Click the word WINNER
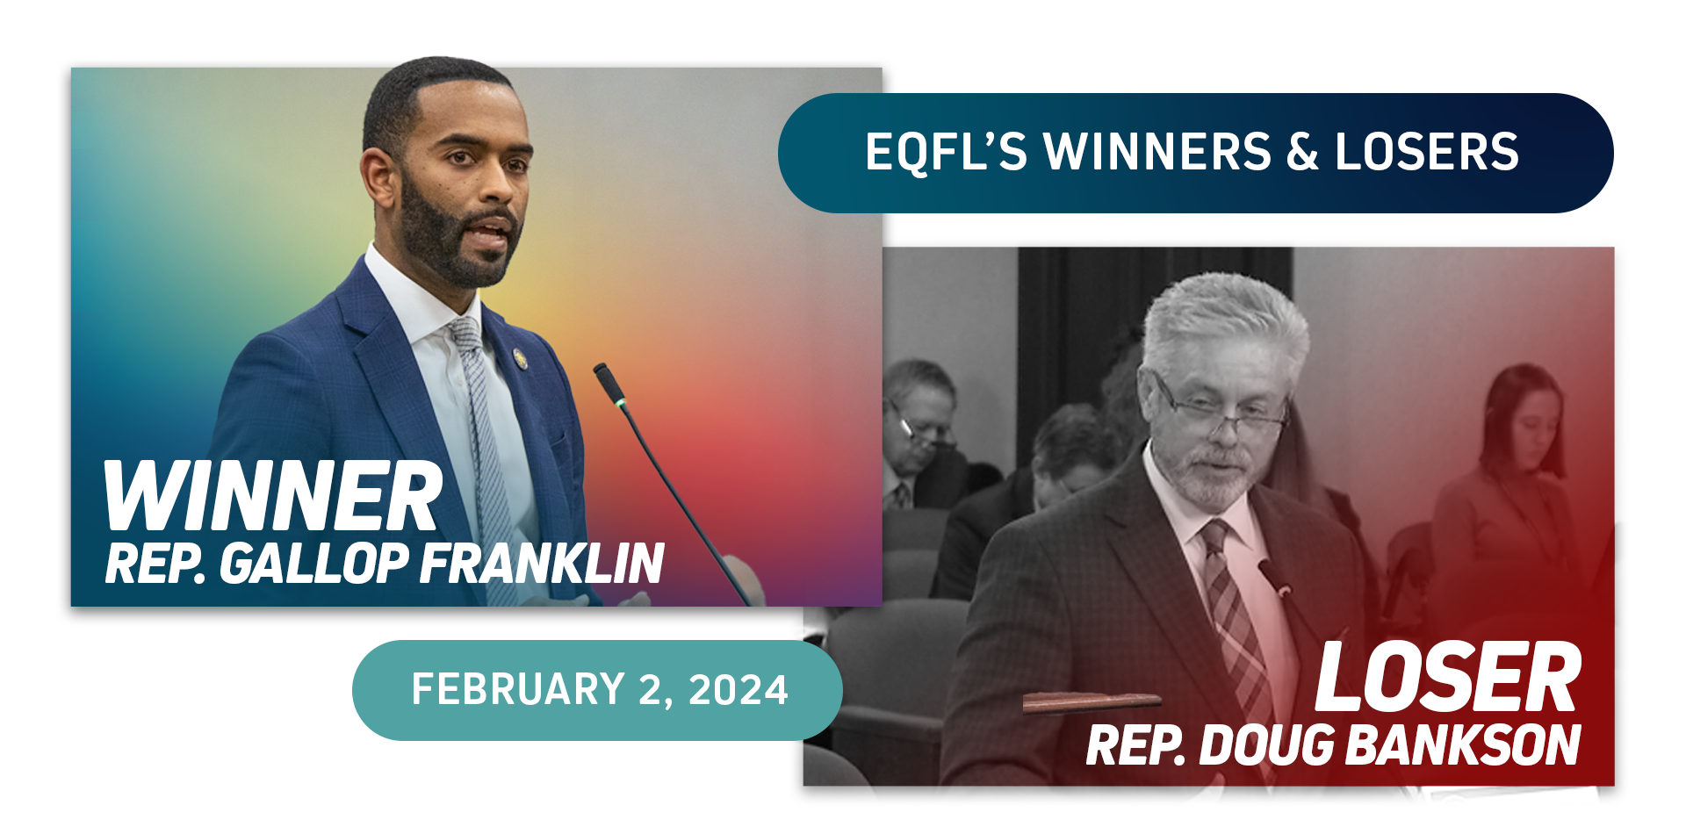(x=272, y=496)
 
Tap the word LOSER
(x=1447, y=677)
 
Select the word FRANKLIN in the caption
(x=542, y=563)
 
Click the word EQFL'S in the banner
(x=946, y=152)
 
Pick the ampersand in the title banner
(x=1302, y=152)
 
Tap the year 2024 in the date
(x=739, y=690)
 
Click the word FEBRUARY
(x=518, y=689)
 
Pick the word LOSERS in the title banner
(x=1427, y=152)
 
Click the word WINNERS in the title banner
(x=1157, y=152)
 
